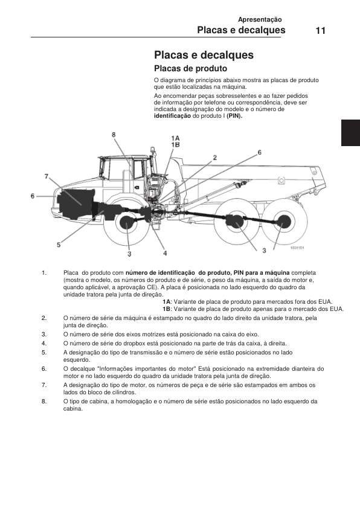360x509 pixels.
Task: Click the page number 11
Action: point(320,31)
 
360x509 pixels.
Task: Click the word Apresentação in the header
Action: point(260,20)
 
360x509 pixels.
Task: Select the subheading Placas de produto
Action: point(190,68)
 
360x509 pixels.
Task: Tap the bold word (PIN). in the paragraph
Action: point(234,116)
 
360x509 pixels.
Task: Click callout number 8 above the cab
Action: point(114,135)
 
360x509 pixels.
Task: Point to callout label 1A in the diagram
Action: point(175,139)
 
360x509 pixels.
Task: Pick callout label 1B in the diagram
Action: point(175,145)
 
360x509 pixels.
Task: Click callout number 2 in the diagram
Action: point(214,158)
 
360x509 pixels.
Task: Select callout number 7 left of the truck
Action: point(47,176)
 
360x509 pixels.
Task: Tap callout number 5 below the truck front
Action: point(59,245)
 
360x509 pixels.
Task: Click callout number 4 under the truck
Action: point(165,253)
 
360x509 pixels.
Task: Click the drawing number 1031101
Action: point(297,248)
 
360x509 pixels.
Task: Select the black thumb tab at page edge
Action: point(350,133)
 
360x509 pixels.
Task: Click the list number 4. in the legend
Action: point(44,344)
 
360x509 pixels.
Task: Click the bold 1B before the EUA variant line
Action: point(167,309)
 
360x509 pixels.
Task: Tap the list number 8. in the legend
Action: point(44,402)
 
